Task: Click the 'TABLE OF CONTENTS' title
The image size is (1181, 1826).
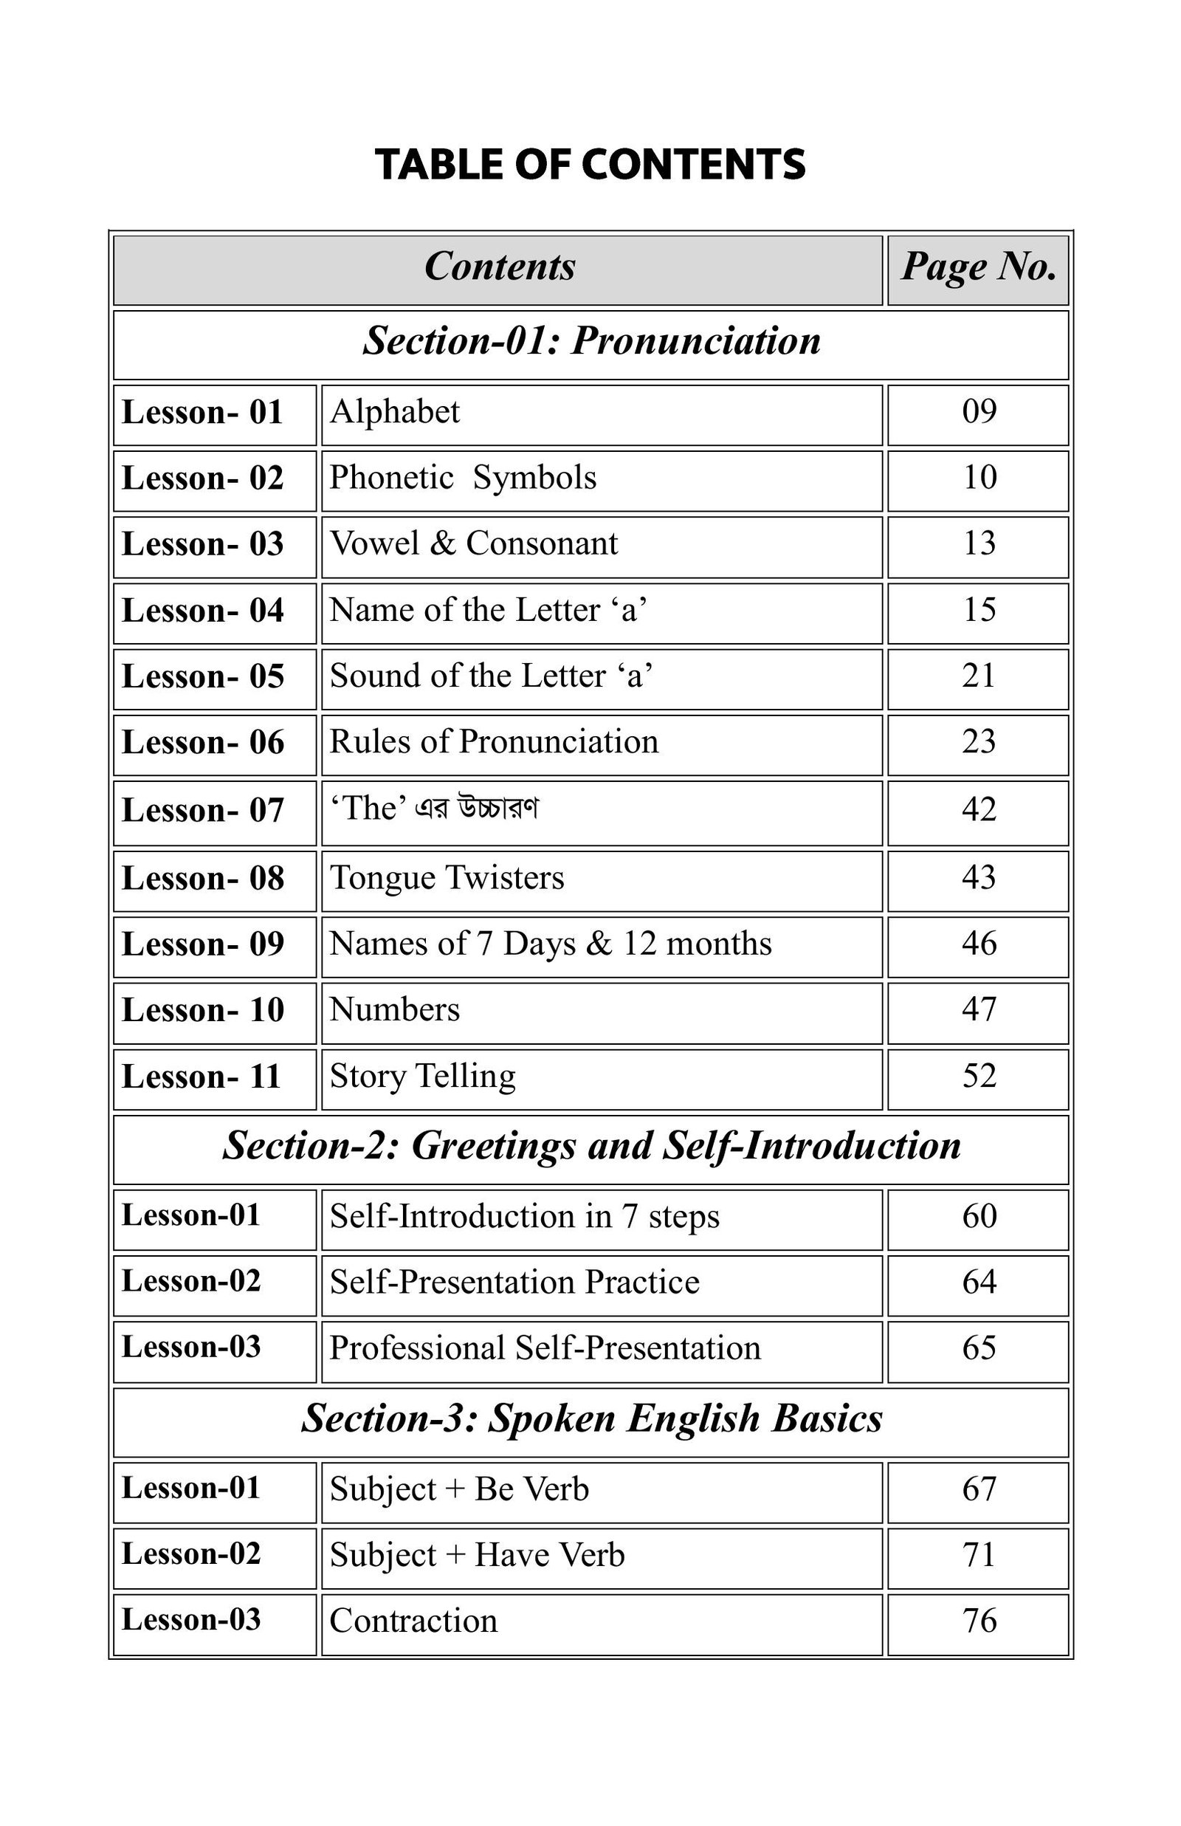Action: (590, 165)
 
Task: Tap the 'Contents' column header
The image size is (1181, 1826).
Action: (499, 267)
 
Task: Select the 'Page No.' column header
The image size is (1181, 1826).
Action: (978, 267)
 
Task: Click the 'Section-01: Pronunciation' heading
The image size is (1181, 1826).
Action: (591, 341)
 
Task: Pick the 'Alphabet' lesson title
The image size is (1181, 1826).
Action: (395, 413)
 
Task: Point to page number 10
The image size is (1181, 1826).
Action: (979, 478)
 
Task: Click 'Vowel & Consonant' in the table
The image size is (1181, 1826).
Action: (473, 543)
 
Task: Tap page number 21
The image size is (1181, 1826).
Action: (979, 676)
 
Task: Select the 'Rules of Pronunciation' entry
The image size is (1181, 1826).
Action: (494, 742)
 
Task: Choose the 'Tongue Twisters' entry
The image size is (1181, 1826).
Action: (447, 878)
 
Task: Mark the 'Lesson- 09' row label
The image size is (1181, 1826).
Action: (203, 945)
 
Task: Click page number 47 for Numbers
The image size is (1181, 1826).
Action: (979, 1010)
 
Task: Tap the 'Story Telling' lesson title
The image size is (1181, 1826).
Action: (422, 1077)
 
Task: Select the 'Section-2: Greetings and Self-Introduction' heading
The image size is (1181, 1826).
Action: (591, 1147)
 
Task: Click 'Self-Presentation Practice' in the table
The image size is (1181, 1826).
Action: (514, 1283)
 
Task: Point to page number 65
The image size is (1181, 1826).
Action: (979, 1349)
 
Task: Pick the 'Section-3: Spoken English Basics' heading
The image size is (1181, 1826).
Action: (591, 1418)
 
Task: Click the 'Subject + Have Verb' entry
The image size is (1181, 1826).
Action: (477, 1556)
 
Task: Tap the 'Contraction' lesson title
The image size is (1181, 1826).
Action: (413, 1622)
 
